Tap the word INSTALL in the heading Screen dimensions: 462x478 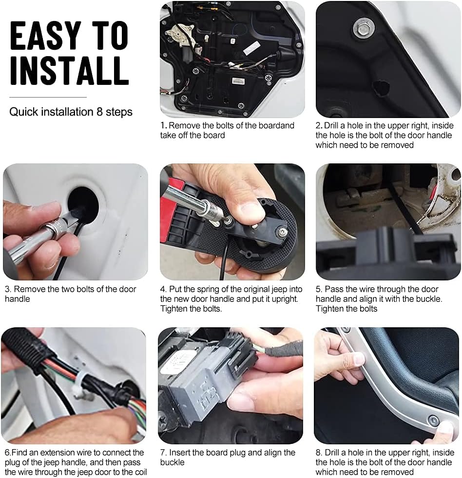click(69, 69)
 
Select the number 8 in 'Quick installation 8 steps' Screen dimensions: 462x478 click(99, 112)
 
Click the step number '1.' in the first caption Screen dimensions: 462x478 click(164, 126)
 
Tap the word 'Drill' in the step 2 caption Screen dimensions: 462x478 click(334, 126)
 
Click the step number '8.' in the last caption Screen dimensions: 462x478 click(319, 453)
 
